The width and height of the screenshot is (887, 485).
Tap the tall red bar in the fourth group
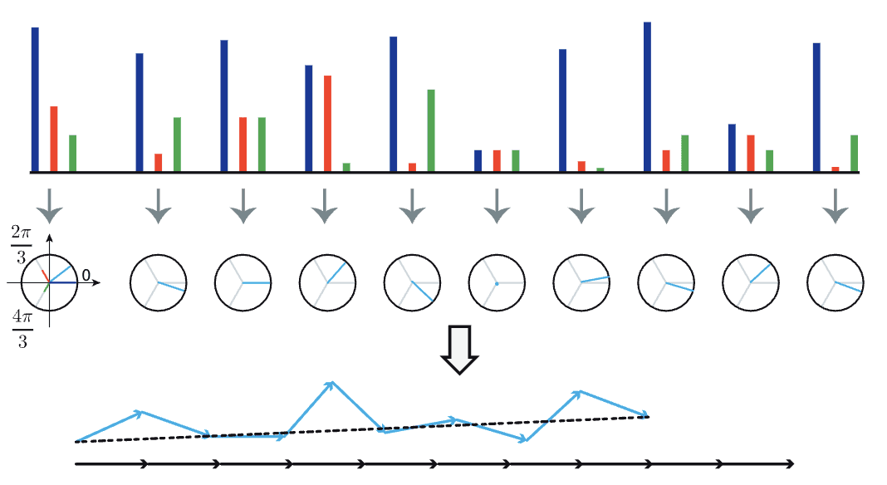(x=328, y=123)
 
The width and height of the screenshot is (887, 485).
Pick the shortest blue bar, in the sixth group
(x=478, y=160)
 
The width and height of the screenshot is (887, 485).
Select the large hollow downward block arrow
(x=459, y=350)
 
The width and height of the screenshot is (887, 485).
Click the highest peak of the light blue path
(x=331, y=383)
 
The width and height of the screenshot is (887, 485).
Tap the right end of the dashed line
(x=648, y=416)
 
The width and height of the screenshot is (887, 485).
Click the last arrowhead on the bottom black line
(x=790, y=463)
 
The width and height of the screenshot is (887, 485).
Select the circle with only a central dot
(x=497, y=283)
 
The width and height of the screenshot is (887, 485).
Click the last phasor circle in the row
(x=836, y=283)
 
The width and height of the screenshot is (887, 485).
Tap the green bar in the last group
(x=854, y=154)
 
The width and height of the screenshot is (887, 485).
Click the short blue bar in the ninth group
(x=732, y=148)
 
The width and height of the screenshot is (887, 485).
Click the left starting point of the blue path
(x=76, y=441)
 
